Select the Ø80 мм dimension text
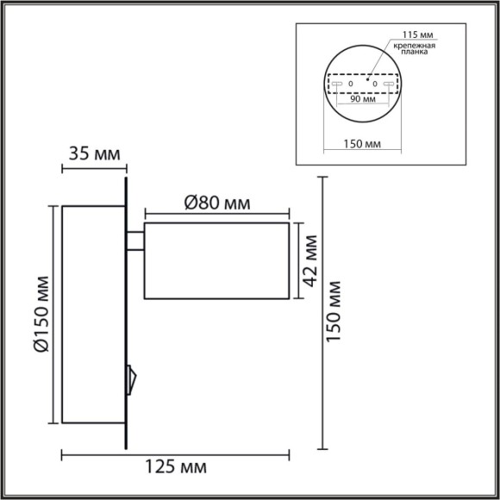pyautogui.click(x=216, y=203)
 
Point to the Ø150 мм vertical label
pyautogui.click(x=40, y=316)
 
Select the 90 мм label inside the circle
pyautogui.click(x=363, y=99)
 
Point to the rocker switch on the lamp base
pyautogui.click(x=131, y=376)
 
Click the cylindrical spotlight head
pyautogui.click(x=216, y=260)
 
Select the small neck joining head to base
pyautogui.click(x=135, y=241)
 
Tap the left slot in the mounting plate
pyautogui.click(x=337, y=84)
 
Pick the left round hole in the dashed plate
pyautogui.click(x=351, y=84)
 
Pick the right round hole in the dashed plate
pyautogui.click(x=376, y=84)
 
